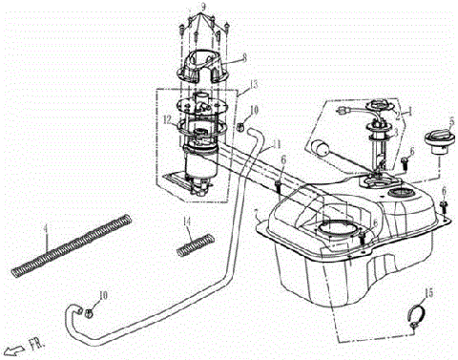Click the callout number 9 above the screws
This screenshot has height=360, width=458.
(x=202, y=9)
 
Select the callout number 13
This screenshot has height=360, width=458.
(x=253, y=86)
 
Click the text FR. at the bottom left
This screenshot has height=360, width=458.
(x=38, y=349)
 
